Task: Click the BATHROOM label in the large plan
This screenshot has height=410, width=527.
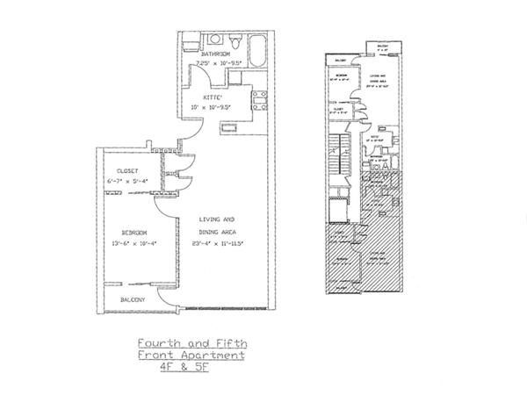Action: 215,54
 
